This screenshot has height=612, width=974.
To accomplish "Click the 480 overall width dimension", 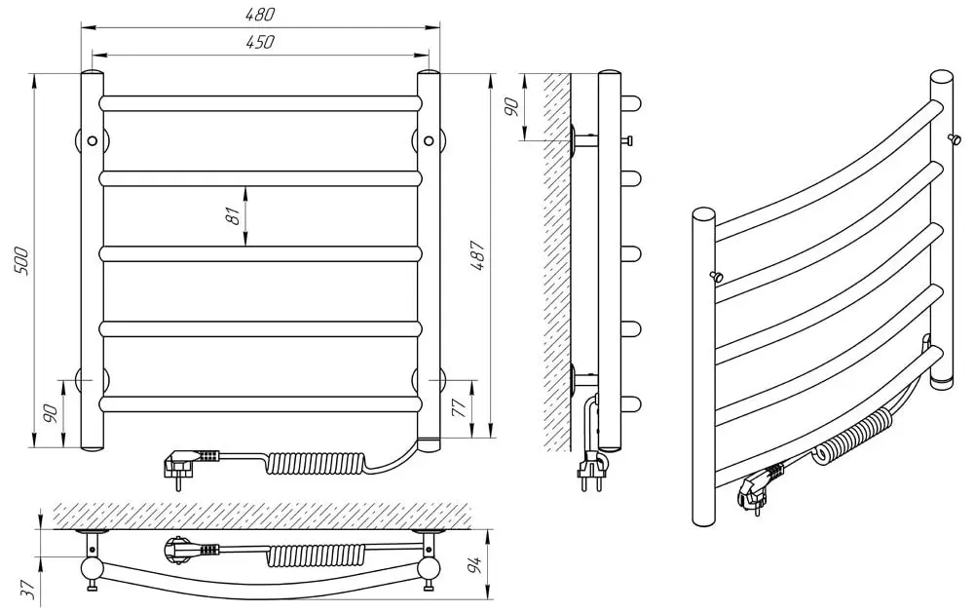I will (260, 15).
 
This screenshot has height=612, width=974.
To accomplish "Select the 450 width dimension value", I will (260, 42).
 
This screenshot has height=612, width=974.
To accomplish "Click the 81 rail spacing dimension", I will (233, 216).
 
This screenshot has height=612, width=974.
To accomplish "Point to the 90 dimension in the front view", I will (52, 413).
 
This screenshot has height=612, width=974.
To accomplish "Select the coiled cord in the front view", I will (311, 458).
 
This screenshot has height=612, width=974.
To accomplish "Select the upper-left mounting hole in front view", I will (92, 140).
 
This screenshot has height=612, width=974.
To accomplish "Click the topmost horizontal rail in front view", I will (260, 102).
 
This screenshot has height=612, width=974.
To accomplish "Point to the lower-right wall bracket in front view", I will (429, 379).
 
